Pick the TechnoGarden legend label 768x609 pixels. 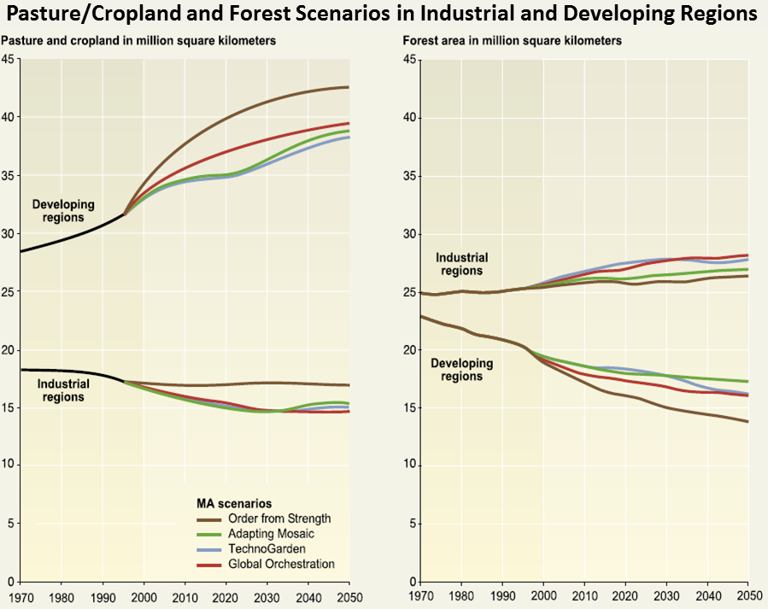pos(267,549)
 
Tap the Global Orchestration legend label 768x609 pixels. pos(283,565)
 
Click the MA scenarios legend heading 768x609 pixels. pos(234,503)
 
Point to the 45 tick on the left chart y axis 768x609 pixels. pos(9,59)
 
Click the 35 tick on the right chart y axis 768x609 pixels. pos(409,176)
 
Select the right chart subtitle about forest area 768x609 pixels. pos(512,41)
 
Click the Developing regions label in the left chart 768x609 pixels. pos(63,211)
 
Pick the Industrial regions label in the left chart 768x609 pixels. pos(62,390)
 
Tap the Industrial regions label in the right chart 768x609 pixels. pos(461,264)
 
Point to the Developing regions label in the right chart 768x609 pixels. pos(462,370)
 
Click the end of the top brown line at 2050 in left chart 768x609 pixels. pos(349,87)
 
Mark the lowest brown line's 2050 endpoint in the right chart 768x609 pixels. pos(748,422)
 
